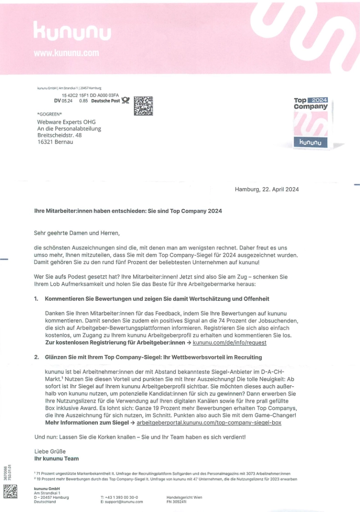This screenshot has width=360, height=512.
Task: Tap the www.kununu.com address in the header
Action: point(66,53)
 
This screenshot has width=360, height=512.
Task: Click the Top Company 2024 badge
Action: point(310,122)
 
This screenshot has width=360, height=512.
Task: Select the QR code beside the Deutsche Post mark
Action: point(143,105)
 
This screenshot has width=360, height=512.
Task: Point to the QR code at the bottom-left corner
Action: point(10,491)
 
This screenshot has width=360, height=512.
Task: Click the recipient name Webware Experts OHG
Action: point(66,122)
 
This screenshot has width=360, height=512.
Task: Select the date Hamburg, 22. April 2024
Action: point(267,189)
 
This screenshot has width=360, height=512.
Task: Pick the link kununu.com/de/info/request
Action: point(229,342)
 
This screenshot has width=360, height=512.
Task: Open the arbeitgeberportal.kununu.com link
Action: point(209,422)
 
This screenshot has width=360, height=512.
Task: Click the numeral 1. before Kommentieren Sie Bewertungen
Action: point(36,299)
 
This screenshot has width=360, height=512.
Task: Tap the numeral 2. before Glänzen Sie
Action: point(36,357)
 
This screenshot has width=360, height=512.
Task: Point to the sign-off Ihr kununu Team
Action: point(56,458)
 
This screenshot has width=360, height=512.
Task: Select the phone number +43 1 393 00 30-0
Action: point(119,497)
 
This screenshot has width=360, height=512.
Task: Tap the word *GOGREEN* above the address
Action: point(49,114)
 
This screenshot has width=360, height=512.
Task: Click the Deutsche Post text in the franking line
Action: point(106,101)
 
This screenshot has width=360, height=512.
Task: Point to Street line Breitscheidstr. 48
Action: point(59,135)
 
